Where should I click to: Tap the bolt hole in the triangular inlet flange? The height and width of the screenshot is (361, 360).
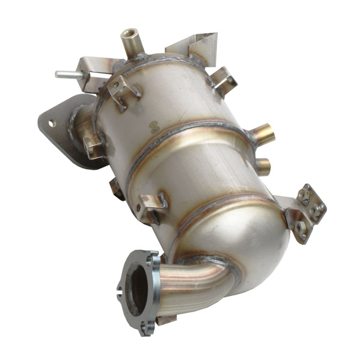click(52, 123)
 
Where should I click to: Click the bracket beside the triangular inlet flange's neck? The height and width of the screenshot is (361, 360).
click(91, 144)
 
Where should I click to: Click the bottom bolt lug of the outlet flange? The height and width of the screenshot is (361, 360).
click(146, 328)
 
